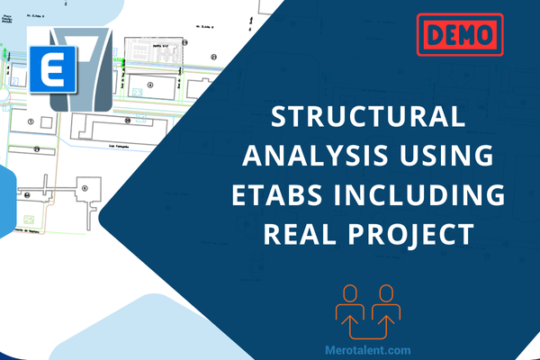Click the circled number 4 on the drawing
(150, 85)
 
